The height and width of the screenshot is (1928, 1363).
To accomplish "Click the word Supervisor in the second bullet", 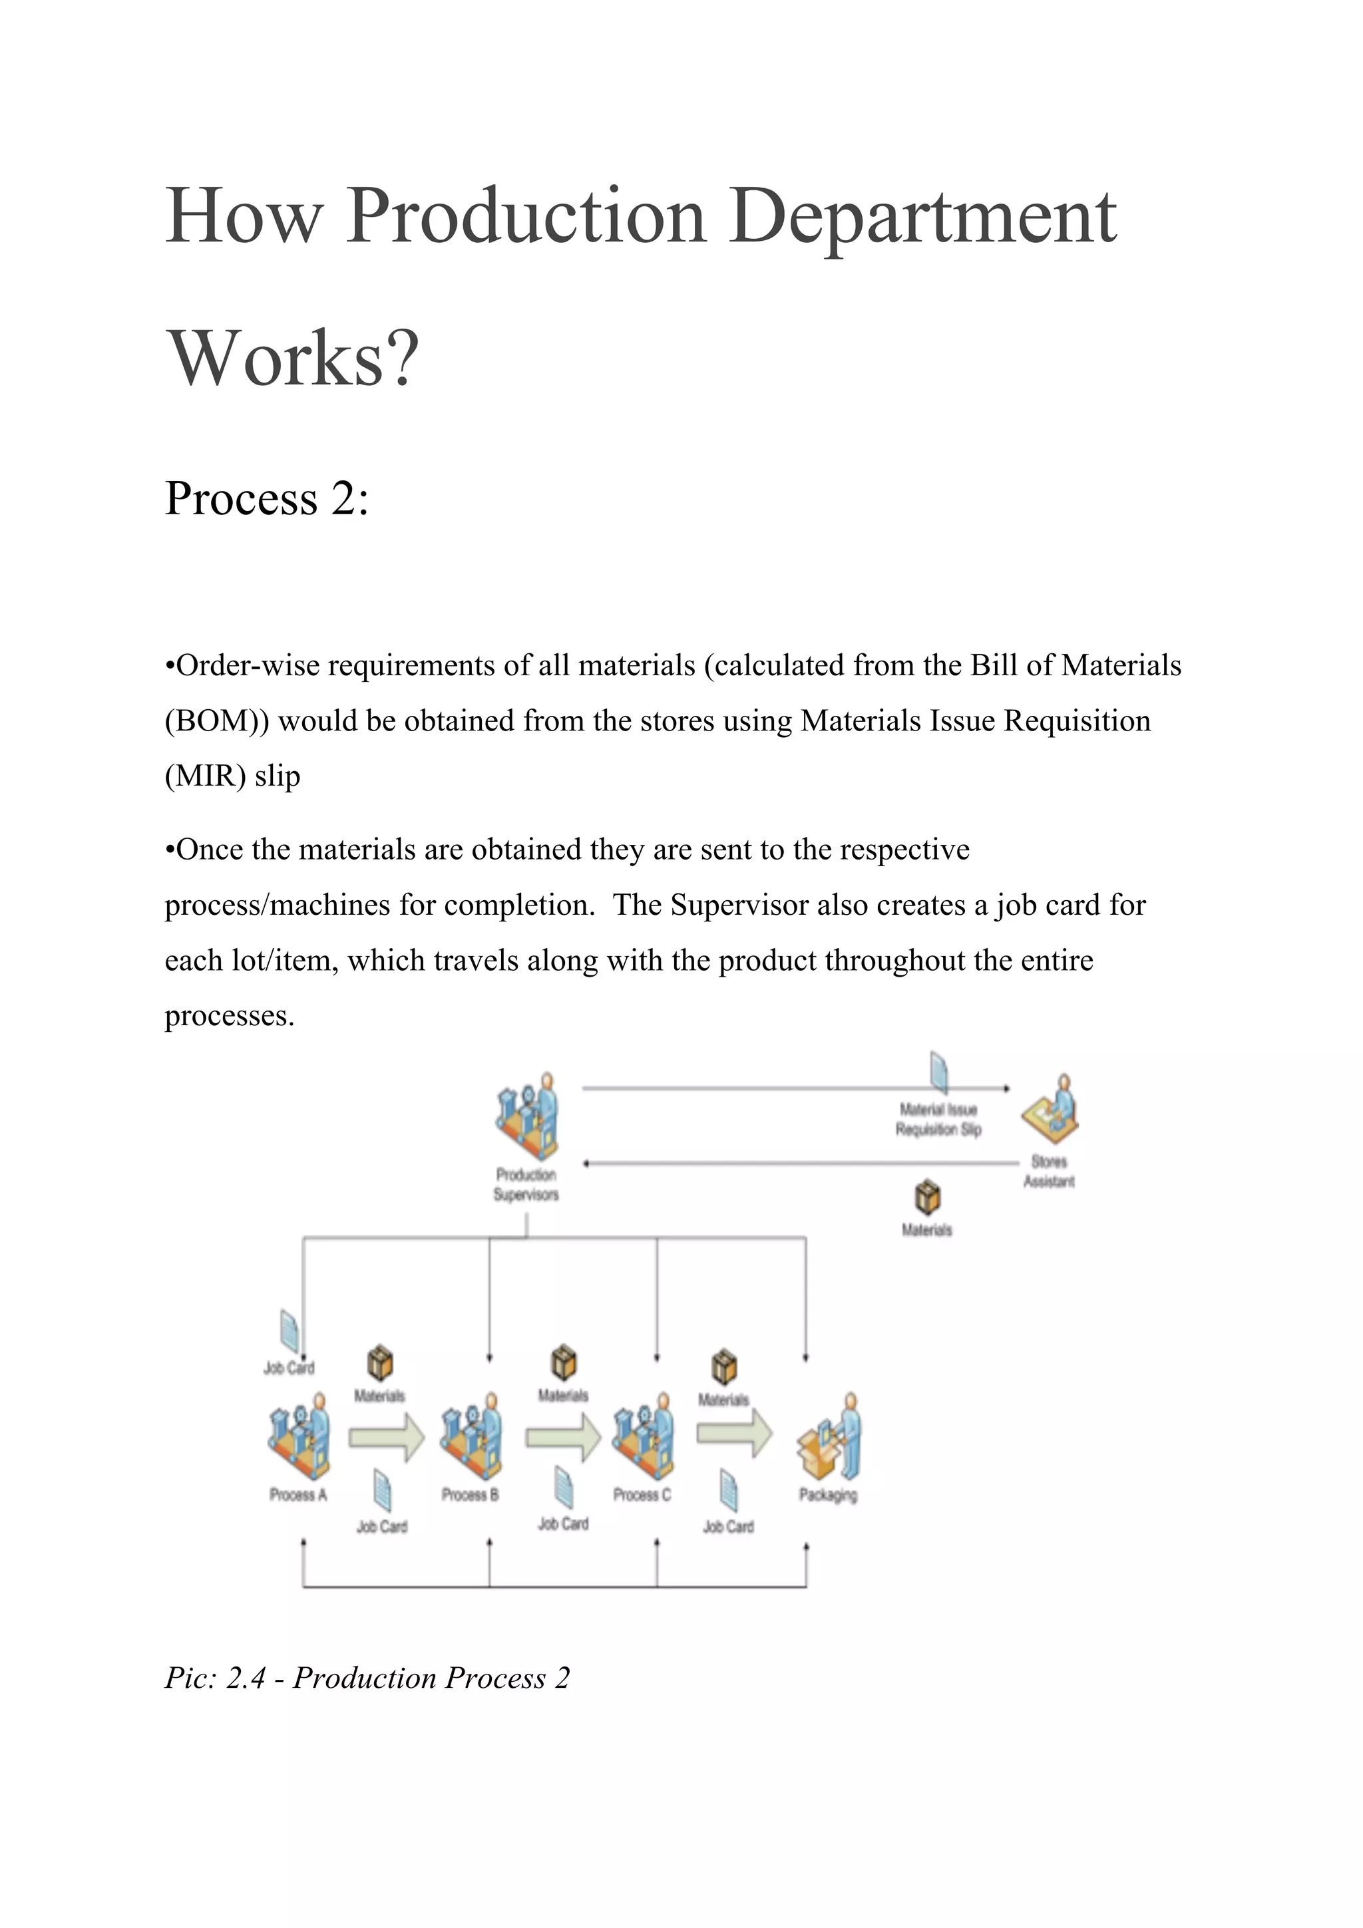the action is [x=739, y=905].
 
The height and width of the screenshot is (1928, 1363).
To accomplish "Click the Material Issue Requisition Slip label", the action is [x=938, y=1120].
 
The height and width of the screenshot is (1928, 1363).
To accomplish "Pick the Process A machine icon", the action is [x=299, y=1437].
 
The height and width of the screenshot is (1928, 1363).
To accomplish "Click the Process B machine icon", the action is [x=471, y=1437].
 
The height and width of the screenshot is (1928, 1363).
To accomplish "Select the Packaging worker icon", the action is [x=829, y=1437].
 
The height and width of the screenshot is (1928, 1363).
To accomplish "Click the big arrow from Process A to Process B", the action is [x=386, y=1438].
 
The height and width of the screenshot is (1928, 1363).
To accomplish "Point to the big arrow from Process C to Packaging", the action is [x=734, y=1432].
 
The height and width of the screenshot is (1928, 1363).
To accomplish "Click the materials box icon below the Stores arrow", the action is [x=927, y=1198].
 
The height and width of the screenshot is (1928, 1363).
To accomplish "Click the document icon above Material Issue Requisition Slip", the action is [x=940, y=1073].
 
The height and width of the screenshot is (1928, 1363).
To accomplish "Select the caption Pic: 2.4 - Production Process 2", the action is [x=367, y=1678].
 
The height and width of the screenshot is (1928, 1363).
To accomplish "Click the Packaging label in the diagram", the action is [x=828, y=1495].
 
